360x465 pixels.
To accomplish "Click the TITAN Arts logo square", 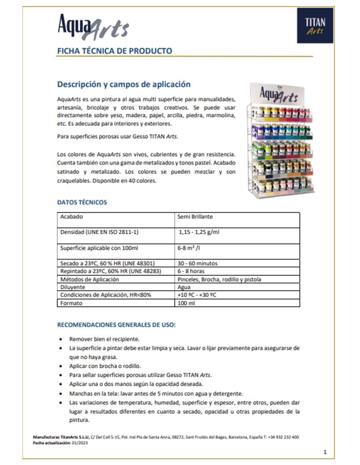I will pyautogui.click(x=315, y=26).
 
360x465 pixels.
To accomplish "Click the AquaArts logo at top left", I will pyautogui.click(x=93, y=26).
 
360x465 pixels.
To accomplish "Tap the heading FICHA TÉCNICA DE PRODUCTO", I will pyautogui.click(x=115, y=51).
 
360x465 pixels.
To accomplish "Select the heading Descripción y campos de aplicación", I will pyautogui.click(x=124, y=84).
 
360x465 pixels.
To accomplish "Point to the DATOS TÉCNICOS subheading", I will pyautogui.click(x=82, y=202).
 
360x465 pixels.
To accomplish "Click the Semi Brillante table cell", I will pyautogui.click(x=195, y=217).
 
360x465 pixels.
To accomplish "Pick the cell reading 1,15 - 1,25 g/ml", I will pyautogui.click(x=199, y=232).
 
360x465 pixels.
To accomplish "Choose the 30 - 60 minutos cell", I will pyautogui.click(x=197, y=263).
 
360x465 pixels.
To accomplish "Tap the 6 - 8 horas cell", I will pyautogui.click(x=191, y=271).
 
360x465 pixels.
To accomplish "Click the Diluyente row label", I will pyautogui.click(x=73, y=287).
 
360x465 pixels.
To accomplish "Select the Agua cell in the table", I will pyautogui.click(x=184, y=287).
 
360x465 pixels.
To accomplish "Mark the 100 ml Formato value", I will pyautogui.click(x=186, y=303).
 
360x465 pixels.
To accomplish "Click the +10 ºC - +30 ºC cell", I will pyautogui.click(x=197, y=295).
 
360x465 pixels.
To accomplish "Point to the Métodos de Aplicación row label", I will pyautogui.click(x=89, y=279).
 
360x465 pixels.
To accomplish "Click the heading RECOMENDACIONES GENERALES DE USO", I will pyautogui.click(x=116, y=325).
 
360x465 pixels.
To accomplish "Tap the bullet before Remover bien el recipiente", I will pyautogui.click(x=61, y=339).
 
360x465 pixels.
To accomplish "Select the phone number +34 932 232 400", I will pyautogui.click(x=283, y=437).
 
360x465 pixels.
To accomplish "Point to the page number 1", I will pyautogui.click(x=325, y=452).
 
